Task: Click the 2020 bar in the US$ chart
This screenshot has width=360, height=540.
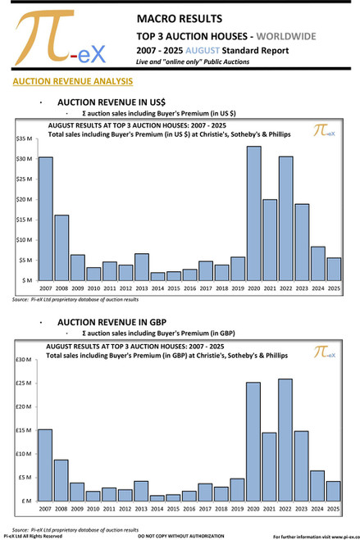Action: pyautogui.click(x=253, y=213)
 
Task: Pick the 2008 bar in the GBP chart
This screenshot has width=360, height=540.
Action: pyautogui.click(x=61, y=479)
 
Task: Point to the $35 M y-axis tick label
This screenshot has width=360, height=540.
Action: pyautogui.click(x=23, y=138)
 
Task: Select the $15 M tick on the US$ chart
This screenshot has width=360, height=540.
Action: pyautogui.click(x=23, y=220)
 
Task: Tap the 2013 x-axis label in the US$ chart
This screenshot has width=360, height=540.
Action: pyautogui.click(x=141, y=288)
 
